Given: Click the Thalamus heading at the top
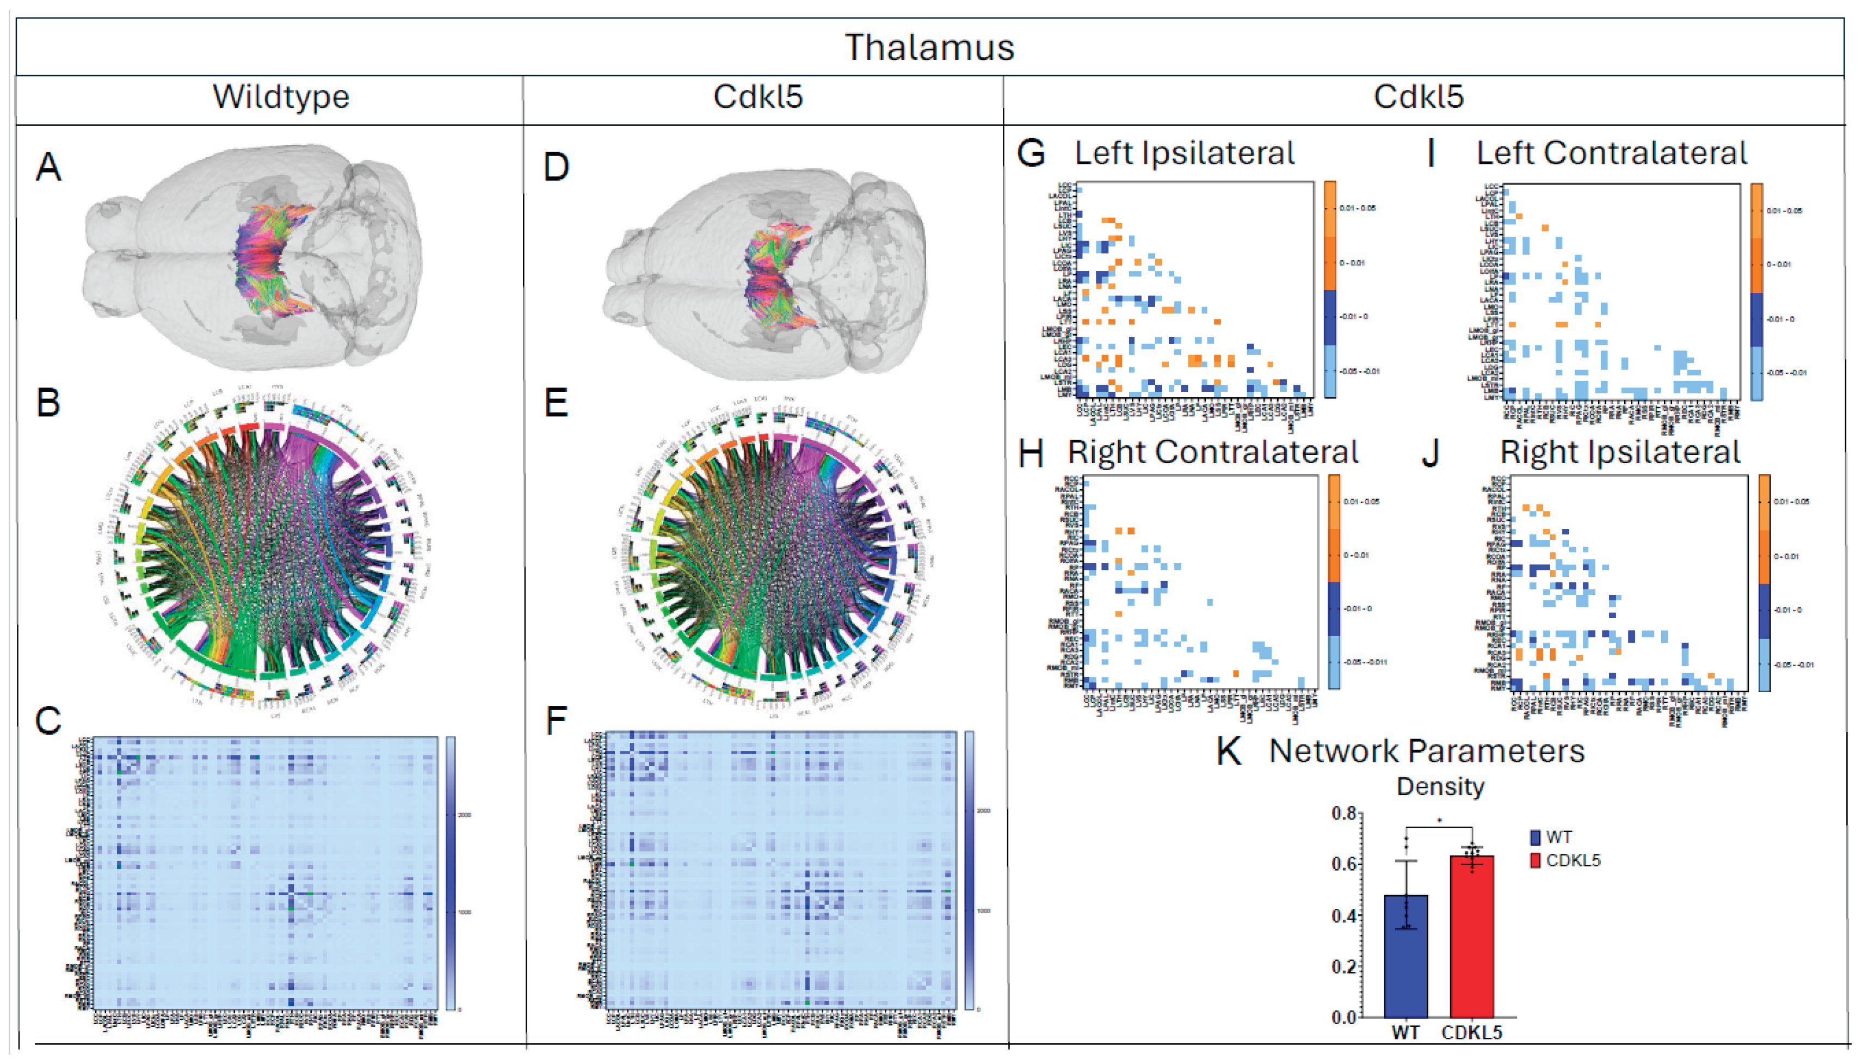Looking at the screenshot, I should (x=929, y=48).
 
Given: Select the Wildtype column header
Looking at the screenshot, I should (x=281, y=97).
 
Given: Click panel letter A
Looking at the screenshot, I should (x=49, y=167).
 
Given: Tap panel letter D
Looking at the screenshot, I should (x=556, y=167).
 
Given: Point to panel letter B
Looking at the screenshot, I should (x=49, y=402).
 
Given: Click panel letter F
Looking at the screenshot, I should (x=556, y=721).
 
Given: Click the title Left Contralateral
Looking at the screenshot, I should (x=1611, y=153).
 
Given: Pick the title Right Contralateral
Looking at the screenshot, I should (x=1213, y=452).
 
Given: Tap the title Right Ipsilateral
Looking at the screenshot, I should (x=1620, y=452).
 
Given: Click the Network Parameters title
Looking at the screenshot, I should (x=1427, y=752).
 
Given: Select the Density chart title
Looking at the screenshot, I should (x=1440, y=786).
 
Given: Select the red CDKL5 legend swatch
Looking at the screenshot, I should (x=1536, y=860).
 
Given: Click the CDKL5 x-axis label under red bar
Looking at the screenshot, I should (x=1471, y=1032).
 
